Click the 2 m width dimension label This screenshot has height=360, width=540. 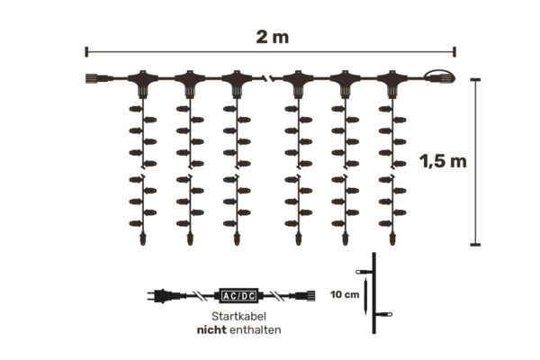point(269,36)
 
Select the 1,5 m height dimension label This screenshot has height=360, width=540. point(443,162)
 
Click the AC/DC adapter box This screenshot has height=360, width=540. point(238,294)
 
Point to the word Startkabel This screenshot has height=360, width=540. point(238,318)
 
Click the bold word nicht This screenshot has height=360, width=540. point(214,330)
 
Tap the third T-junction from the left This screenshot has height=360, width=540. point(237,83)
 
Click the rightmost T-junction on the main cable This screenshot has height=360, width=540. point(391,83)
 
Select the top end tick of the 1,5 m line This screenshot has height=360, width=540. point(476,79)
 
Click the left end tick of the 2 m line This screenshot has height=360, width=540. point(86,51)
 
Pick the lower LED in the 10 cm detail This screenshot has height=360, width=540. point(384,315)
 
